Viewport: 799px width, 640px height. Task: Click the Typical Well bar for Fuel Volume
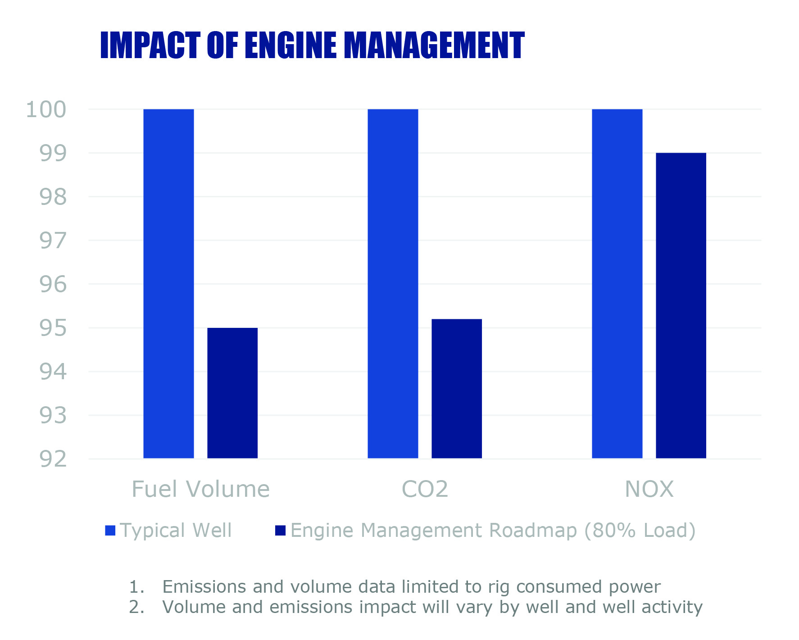168,284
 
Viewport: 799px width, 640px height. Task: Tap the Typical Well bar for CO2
393,284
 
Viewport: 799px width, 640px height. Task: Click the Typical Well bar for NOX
617,284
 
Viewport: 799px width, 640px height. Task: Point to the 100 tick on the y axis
46,109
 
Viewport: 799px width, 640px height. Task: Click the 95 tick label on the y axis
53,328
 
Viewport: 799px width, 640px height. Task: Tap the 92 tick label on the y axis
53,459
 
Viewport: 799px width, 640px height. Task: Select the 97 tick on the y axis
53,241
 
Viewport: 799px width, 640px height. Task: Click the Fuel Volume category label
200,489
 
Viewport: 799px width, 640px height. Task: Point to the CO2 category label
425,489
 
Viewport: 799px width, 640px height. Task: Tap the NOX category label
649,489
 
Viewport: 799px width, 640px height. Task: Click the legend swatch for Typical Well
110,531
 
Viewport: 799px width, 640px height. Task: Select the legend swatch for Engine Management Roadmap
280,531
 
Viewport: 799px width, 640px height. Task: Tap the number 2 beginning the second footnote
134,607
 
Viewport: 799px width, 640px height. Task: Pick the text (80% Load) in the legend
640,531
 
